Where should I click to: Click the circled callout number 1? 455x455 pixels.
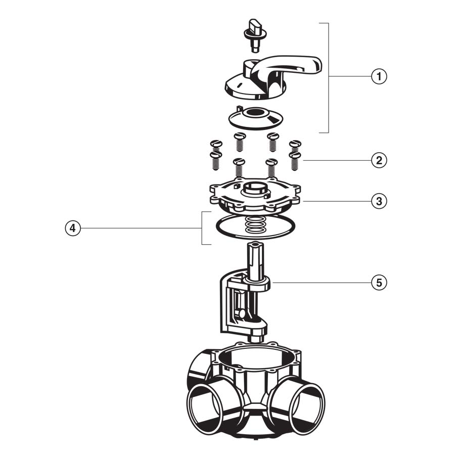(x=379, y=76)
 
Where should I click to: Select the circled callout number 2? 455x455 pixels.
(x=379, y=160)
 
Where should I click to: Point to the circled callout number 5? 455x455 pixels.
(x=379, y=282)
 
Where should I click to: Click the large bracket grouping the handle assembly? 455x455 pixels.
(x=328, y=76)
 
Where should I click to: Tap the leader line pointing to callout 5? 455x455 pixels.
(x=318, y=282)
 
